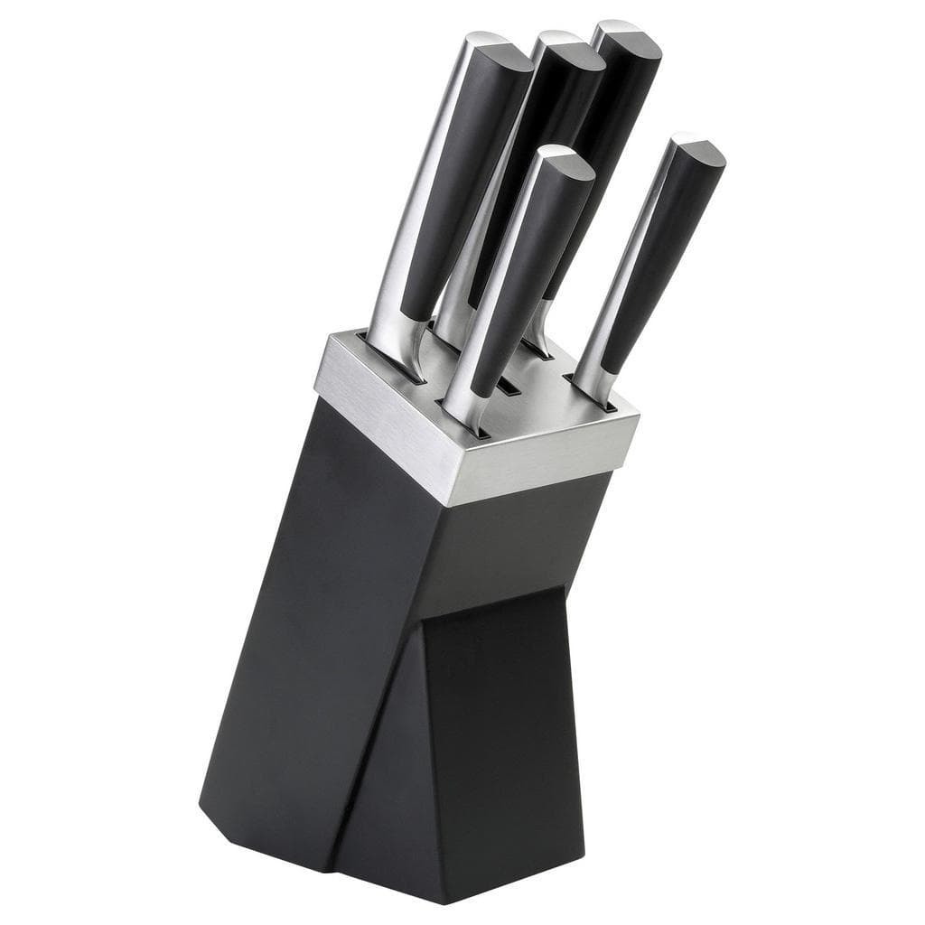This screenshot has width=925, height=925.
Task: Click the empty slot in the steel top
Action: point(509,387)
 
